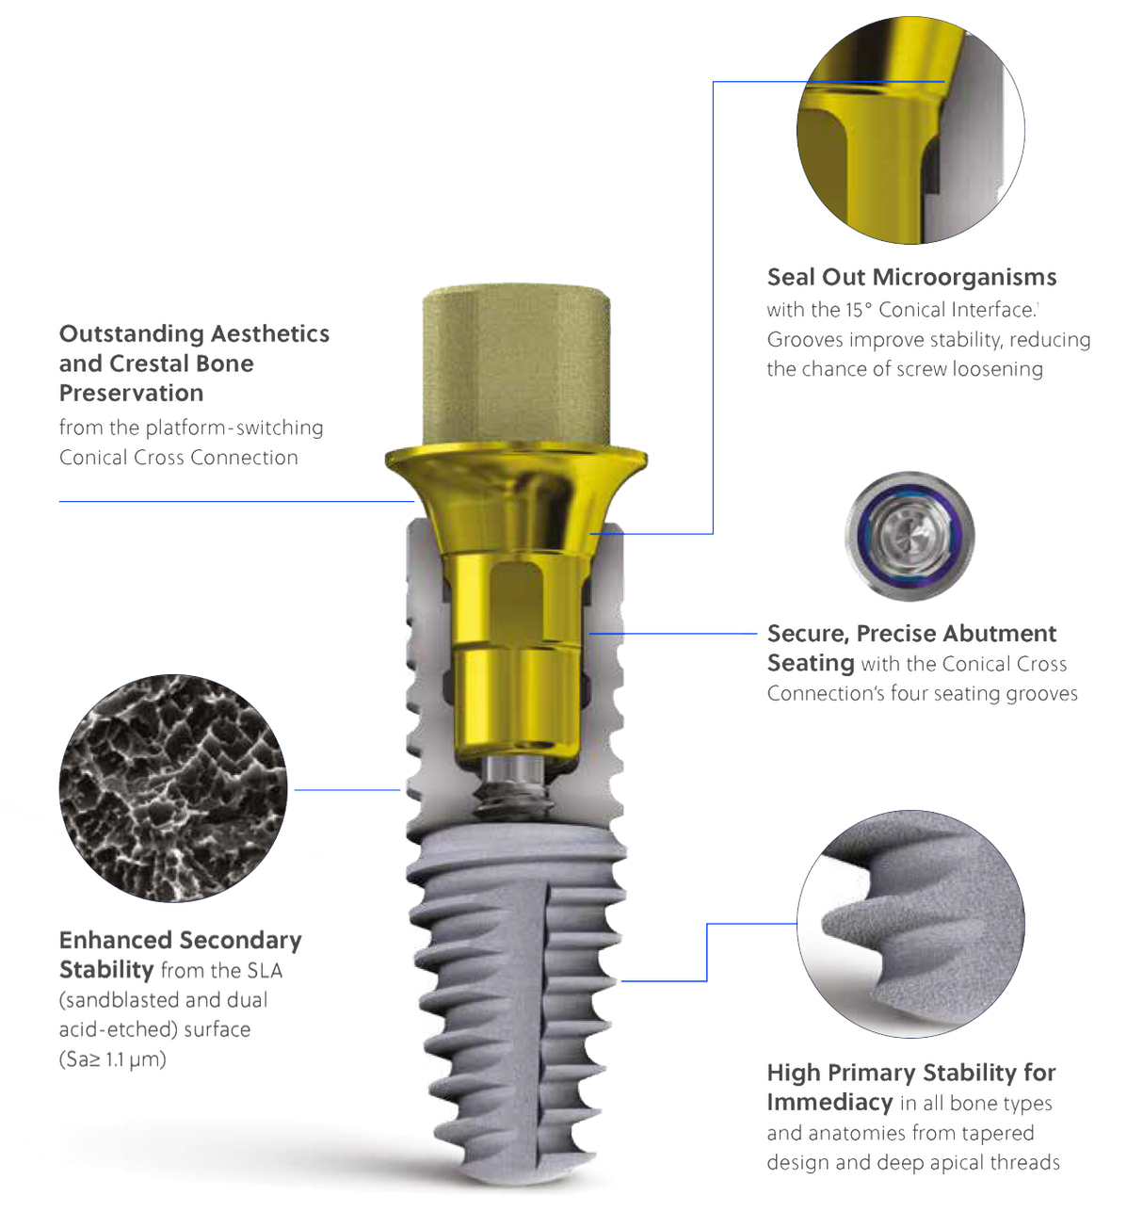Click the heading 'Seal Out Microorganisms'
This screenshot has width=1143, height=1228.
pos(911,278)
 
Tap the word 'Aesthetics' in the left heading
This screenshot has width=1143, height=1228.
pos(270,334)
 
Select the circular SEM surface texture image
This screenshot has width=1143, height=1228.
pos(172,788)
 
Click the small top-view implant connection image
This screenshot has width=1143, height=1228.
pos(908,536)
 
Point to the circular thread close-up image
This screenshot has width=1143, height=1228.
pos(910,924)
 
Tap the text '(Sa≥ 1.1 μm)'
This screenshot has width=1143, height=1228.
pos(112,1059)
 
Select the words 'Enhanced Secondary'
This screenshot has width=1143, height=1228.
pos(180,940)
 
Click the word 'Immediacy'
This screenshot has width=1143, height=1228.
pos(829,1103)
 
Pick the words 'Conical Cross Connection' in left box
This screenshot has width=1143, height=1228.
pos(178,458)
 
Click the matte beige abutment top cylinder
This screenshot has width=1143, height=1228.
pos(514,362)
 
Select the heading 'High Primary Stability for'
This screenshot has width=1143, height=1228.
pos(910,1073)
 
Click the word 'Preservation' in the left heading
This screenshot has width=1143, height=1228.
pos(131,394)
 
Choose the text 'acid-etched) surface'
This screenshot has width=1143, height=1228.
pos(154,1029)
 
